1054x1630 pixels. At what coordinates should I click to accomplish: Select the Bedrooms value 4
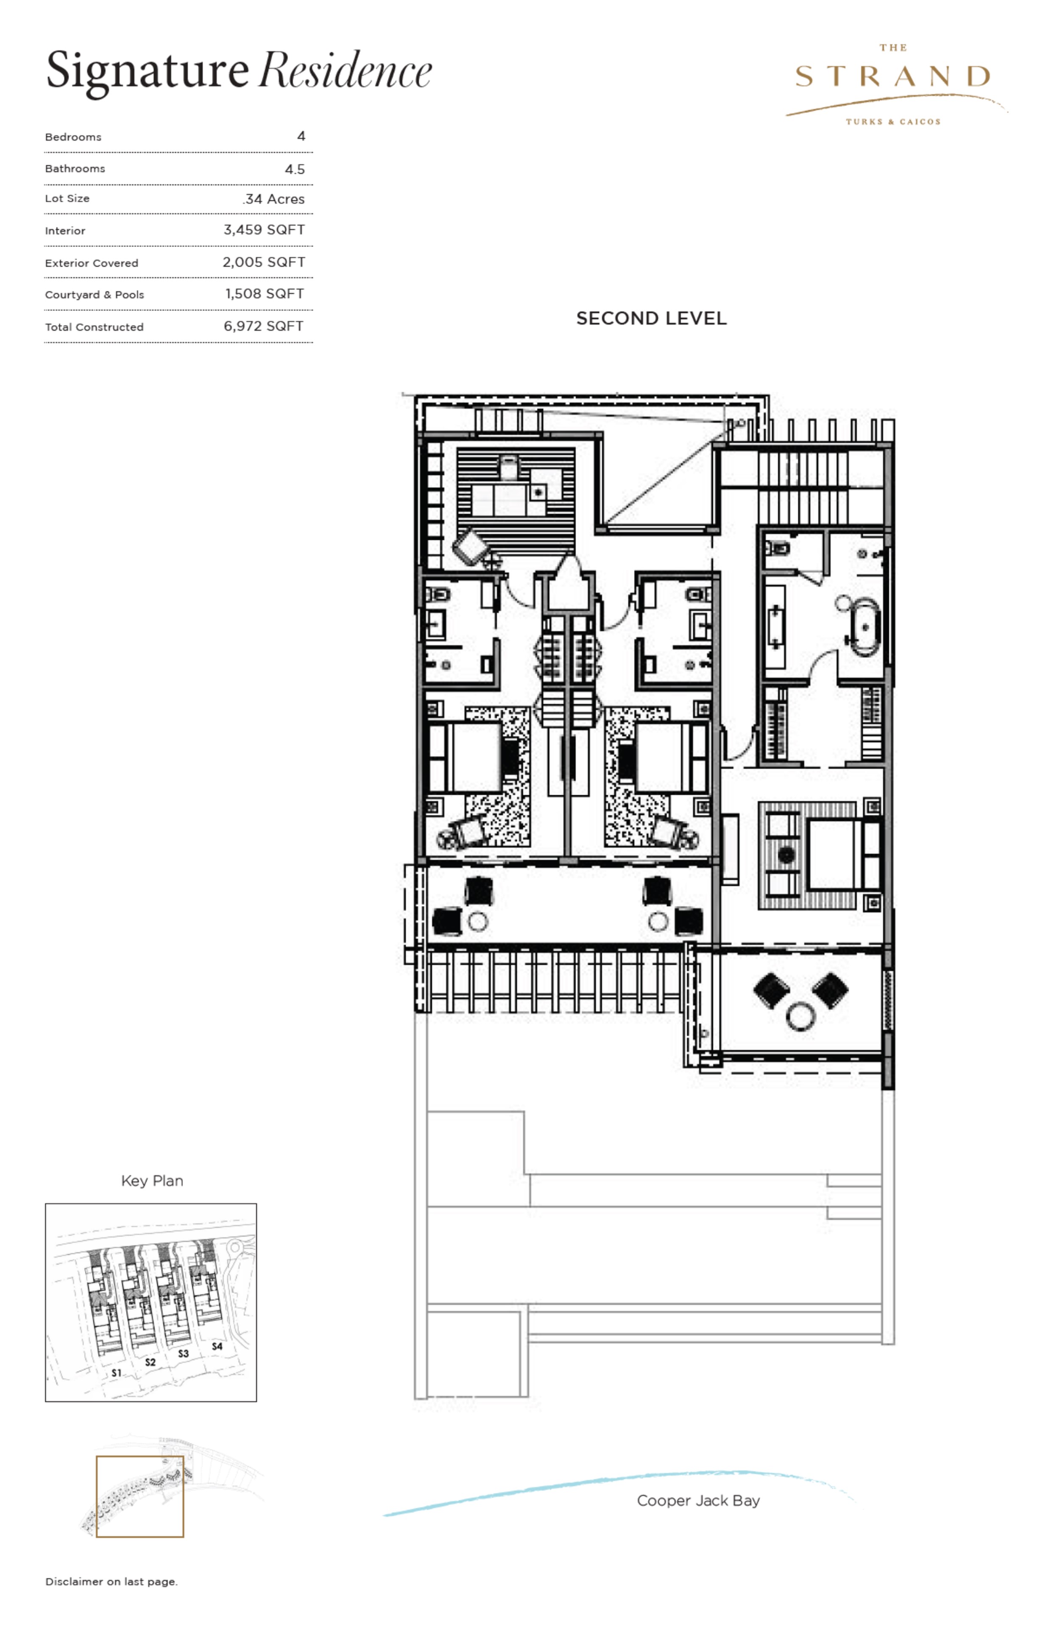(x=301, y=136)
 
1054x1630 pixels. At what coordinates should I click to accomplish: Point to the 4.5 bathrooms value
(x=295, y=169)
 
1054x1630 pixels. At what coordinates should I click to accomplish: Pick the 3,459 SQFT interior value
(x=264, y=230)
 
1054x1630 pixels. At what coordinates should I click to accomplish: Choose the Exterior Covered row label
(x=92, y=263)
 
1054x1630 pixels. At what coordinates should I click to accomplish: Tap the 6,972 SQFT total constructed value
(x=264, y=327)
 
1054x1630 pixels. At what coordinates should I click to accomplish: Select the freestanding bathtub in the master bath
(x=865, y=626)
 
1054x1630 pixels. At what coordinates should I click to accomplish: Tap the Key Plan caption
(x=152, y=1181)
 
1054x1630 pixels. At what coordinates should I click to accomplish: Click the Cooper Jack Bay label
(x=698, y=1501)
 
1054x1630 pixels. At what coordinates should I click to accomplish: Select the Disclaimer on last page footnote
(x=112, y=1581)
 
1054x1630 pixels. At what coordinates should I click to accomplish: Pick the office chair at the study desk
(x=508, y=467)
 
